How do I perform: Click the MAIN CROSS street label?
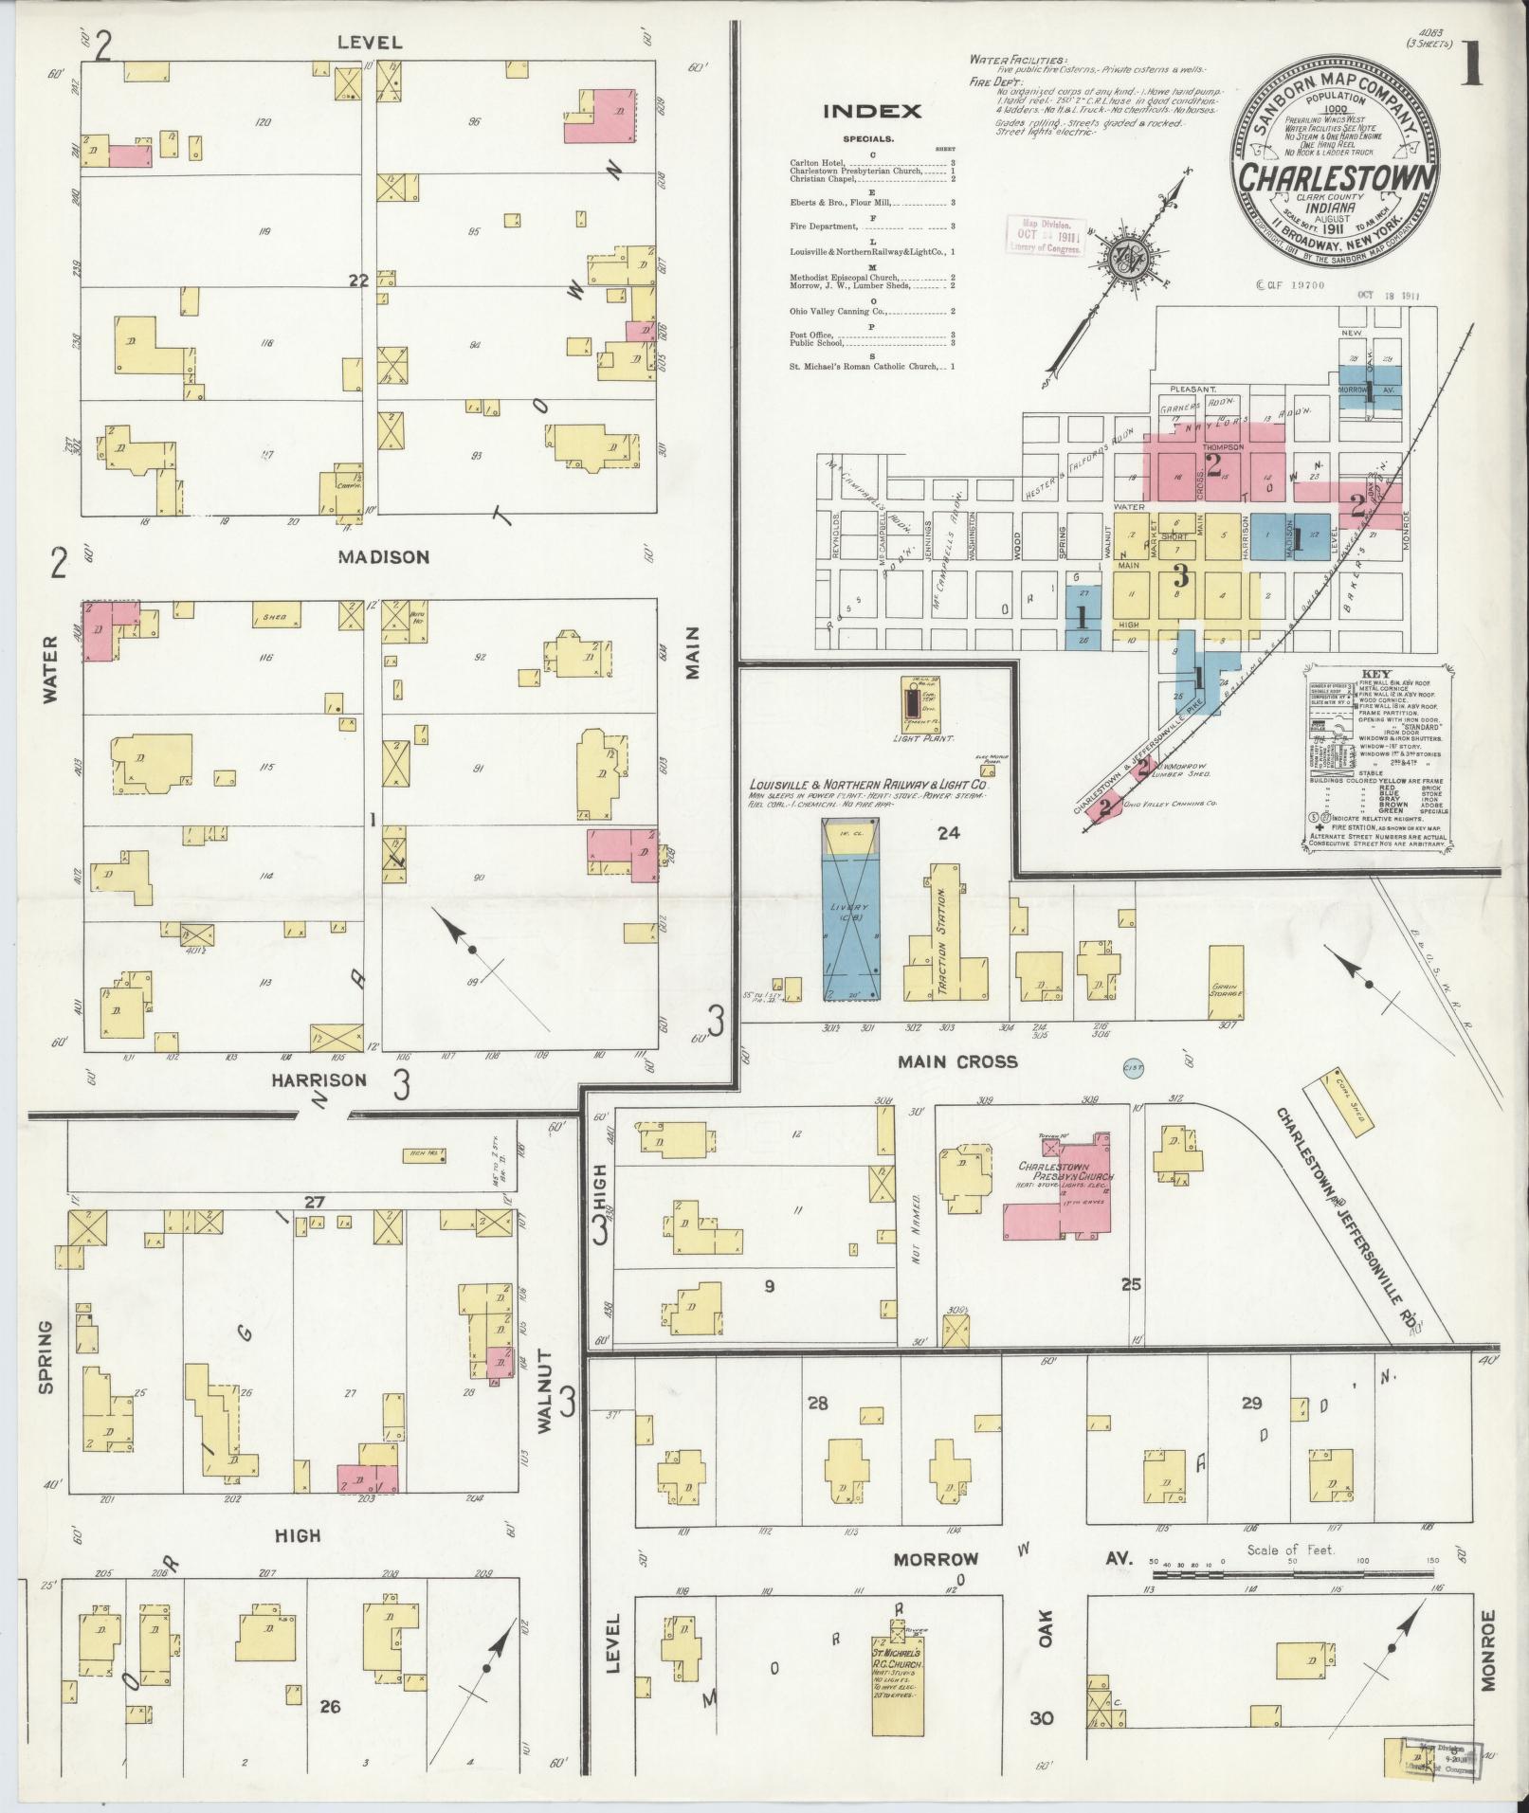tap(956, 1061)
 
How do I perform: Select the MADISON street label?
tap(384, 557)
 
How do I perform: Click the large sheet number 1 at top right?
tap(1472, 66)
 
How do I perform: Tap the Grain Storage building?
tap(1226, 986)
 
